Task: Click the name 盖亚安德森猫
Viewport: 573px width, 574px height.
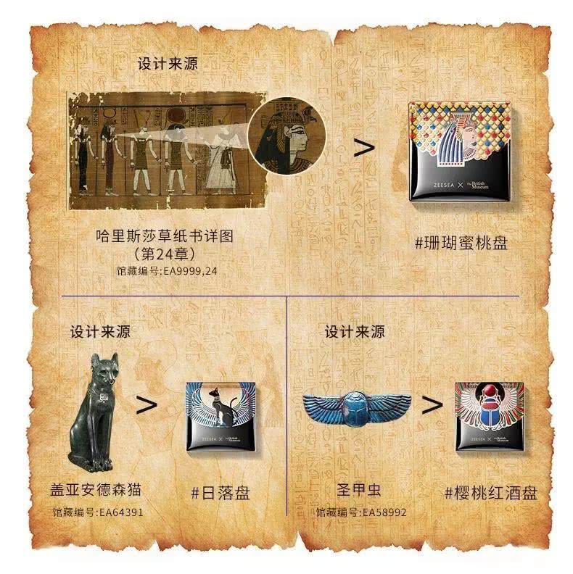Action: coord(97,491)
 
